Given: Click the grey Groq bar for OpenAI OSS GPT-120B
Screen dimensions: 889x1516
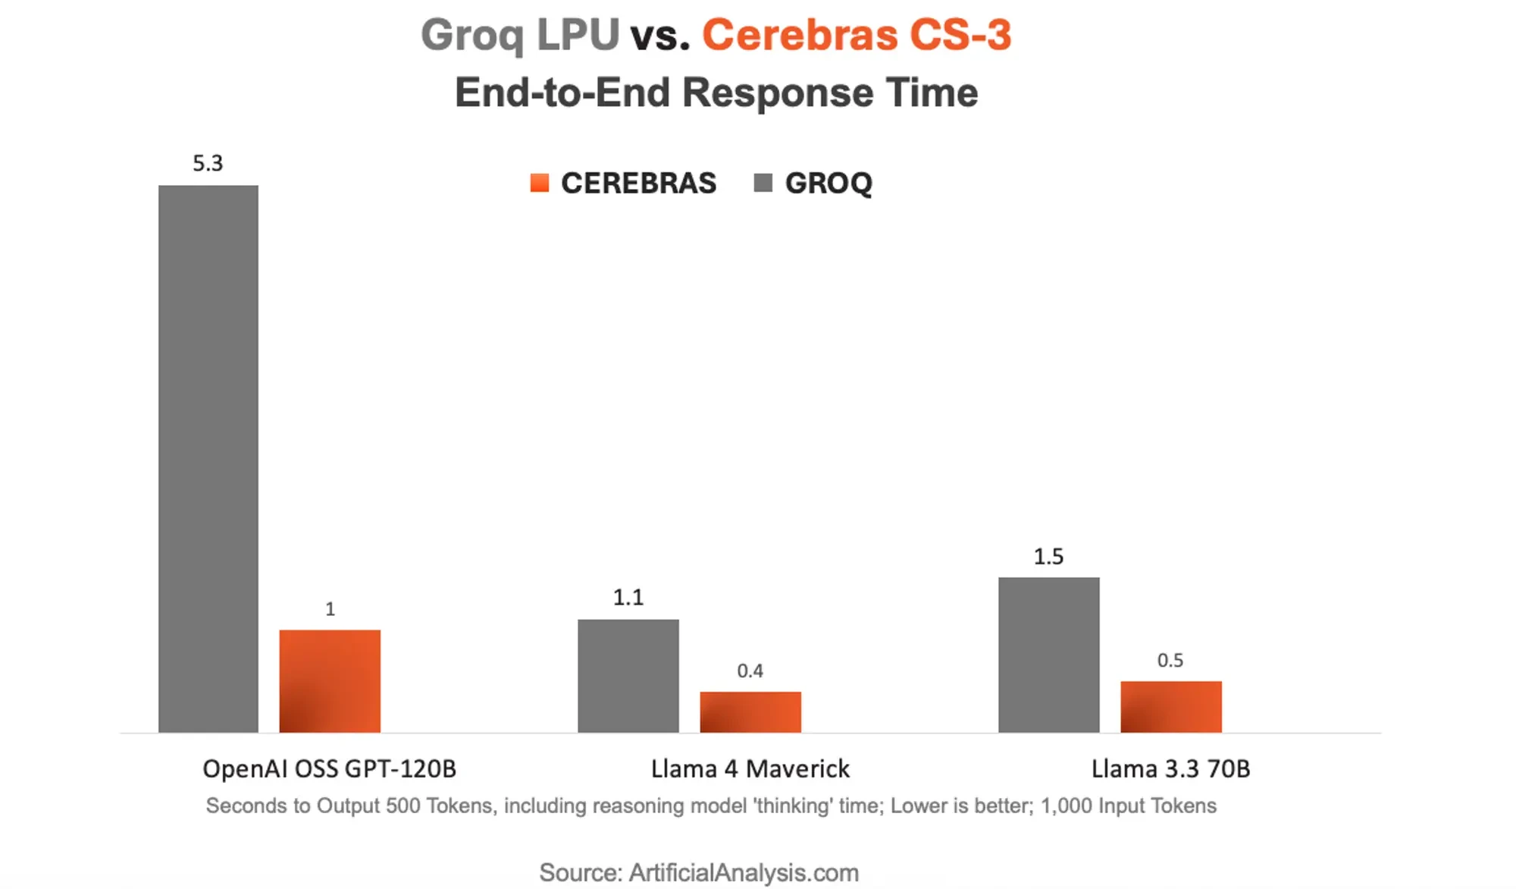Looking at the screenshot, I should click(x=208, y=459).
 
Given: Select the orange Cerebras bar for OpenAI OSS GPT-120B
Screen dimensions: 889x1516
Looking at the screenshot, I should click(x=330, y=680).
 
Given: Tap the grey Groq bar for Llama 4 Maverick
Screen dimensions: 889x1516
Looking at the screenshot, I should click(x=628, y=675).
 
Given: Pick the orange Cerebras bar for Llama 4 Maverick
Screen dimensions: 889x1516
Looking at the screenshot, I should click(x=750, y=712).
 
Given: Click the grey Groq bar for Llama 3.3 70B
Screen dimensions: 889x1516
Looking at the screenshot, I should click(x=1048, y=654).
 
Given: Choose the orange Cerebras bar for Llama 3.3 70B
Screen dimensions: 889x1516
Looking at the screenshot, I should click(x=1170, y=706).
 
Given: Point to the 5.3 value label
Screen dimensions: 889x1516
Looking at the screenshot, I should click(x=208, y=163).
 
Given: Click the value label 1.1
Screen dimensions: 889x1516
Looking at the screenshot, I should click(x=628, y=597).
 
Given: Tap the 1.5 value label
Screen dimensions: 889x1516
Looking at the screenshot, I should click(x=1048, y=556).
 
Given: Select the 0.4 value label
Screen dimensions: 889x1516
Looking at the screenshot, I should click(x=750, y=671).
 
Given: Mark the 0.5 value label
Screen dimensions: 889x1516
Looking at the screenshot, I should click(x=1170, y=660).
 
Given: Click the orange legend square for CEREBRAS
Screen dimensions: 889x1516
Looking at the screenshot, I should click(x=539, y=183).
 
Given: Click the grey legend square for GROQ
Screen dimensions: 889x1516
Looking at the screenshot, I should click(x=763, y=183).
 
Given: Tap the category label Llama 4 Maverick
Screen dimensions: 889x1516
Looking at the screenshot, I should click(x=750, y=768).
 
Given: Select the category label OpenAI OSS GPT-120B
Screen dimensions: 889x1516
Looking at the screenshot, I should click(x=329, y=768).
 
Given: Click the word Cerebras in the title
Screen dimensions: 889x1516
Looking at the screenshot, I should click(x=800, y=35).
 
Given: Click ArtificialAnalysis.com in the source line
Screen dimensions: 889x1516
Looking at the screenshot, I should click(x=744, y=872).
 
